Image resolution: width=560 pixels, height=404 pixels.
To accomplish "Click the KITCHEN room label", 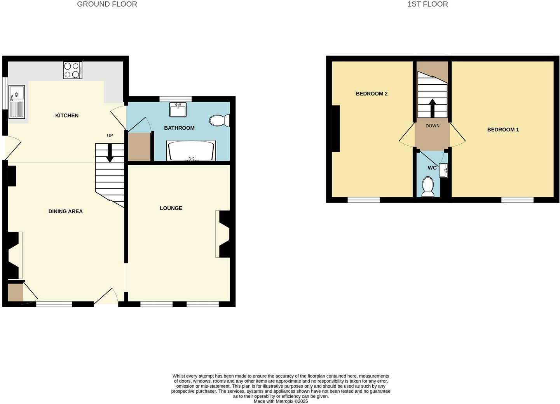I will (67, 115).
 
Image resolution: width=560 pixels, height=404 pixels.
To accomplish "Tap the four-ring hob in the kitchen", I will (73, 70).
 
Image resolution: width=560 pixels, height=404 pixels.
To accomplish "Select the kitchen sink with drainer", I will (17, 102).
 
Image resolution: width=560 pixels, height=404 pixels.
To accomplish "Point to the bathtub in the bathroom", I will (191, 151).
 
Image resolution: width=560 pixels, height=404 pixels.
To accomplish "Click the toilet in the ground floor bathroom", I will (219, 120).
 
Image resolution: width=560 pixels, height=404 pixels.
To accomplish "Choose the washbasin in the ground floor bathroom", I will (178, 110).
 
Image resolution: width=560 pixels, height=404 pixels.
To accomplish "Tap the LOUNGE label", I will (171, 208).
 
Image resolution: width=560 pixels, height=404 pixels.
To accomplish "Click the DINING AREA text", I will (65, 211).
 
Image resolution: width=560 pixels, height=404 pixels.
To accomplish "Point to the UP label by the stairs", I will (110, 136).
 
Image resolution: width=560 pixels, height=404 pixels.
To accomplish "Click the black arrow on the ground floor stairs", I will (110, 153).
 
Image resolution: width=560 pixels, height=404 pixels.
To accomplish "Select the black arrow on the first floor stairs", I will (432, 108).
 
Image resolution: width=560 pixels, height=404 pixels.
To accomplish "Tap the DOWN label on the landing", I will (433, 126).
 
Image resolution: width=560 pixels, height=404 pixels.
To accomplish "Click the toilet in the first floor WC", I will (428, 186).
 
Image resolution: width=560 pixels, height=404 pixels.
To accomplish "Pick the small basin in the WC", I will (443, 170).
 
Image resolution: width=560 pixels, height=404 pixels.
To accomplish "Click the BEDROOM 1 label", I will (503, 130).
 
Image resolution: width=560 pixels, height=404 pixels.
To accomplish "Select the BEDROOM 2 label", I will (372, 94).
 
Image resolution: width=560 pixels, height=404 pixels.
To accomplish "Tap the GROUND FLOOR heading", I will (107, 4).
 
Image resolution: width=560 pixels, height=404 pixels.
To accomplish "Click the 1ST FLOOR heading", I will (427, 4).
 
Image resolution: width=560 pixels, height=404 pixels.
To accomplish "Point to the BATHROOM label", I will (179, 128).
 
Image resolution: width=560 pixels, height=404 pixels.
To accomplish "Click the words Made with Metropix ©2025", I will (281, 401).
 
